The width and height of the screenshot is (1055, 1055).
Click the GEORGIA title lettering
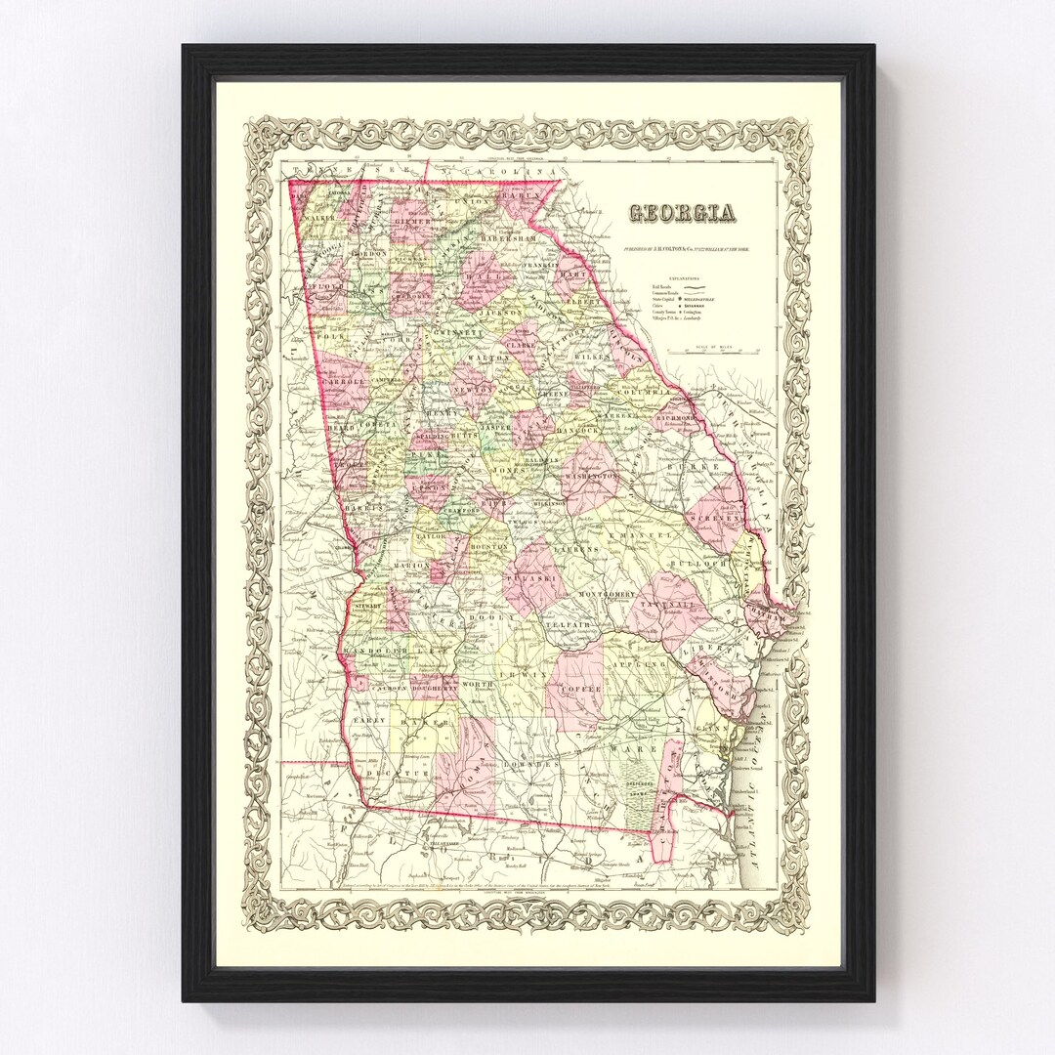pos(682,213)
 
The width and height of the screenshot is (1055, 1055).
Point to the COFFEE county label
pos(579,689)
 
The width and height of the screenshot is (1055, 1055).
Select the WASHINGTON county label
pos(591,476)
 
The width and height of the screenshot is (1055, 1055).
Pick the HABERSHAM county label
pos(509,237)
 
